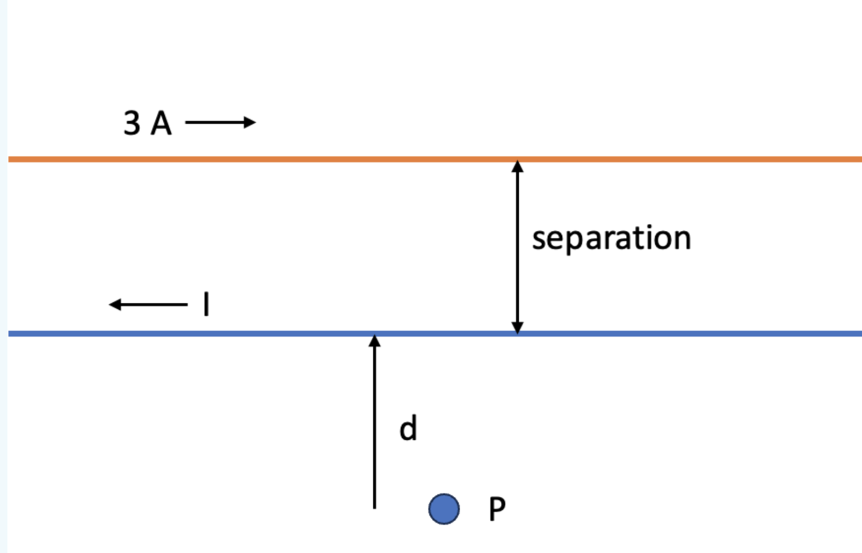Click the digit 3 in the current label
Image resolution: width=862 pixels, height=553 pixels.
[x=132, y=123]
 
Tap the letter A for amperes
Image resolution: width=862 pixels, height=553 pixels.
[x=161, y=123]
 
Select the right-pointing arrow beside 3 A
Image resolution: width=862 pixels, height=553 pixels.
[x=219, y=123]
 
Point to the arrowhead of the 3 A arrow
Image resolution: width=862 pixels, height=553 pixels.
[x=250, y=123]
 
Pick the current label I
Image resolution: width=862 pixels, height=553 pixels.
[x=206, y=305]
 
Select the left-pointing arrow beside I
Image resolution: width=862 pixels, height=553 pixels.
[x=148, y=305]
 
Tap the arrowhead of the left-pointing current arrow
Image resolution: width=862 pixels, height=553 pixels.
[x=114, y=305]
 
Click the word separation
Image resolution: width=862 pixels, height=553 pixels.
[x=611, y=238]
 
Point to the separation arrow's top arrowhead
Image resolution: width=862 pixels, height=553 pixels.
[x=518, y=166]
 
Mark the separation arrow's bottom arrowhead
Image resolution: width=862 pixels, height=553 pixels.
[x=518, y=327]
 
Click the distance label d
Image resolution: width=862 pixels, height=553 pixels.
[x=408, y=428]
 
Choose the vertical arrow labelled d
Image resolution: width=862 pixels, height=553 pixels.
[x=374, y=423]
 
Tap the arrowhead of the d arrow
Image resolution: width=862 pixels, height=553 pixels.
[x=374, y=340]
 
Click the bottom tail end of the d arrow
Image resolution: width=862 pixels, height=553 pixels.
[x=374, y=506]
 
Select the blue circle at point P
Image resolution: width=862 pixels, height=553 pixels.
[x=444, y=509]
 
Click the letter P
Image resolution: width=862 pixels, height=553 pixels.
[x=497, y=509]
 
